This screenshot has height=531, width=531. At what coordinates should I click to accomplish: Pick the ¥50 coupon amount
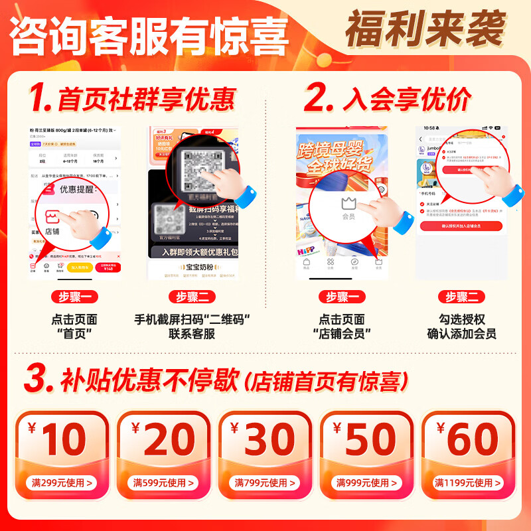tap(364, 439)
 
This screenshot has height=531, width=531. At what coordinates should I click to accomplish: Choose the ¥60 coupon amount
tap(466, 439)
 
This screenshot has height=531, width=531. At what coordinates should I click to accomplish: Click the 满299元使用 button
tap(59, 483)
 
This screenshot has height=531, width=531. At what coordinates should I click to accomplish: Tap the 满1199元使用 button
tap(466, 483)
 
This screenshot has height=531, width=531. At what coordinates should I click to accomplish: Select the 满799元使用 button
tap(262, 483)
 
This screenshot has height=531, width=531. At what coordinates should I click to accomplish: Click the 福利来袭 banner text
tap(425, 29)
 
